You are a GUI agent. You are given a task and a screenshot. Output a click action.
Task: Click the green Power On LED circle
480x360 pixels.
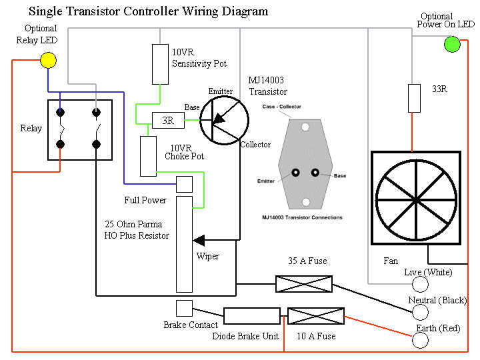point(452,45)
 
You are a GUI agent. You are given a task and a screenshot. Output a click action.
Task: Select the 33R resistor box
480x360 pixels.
point(414,98)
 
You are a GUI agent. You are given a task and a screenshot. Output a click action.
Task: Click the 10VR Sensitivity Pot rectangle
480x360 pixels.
point(160,64)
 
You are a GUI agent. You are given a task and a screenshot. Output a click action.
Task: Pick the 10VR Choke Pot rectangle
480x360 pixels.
point(148,156)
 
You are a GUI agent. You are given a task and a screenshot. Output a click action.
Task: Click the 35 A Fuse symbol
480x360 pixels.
point(303,284)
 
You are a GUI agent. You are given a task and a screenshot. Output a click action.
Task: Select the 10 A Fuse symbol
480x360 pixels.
point(315,316)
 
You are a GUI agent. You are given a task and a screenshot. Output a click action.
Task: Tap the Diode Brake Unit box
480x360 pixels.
point(251,316)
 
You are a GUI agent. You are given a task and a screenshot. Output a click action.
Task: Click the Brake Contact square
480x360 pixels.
point(184,308)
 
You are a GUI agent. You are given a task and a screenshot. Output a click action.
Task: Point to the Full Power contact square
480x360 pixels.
point(184,183)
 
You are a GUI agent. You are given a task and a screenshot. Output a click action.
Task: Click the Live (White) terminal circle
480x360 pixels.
point(421,285)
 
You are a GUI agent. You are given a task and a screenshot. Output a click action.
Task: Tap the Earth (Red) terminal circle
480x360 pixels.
point(421,340)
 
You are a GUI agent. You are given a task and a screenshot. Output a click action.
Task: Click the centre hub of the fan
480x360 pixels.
point(415,199)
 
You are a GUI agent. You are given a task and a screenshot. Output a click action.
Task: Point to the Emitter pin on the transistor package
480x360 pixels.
point(293,173)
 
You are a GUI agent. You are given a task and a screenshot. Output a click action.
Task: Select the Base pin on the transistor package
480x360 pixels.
point(315,173)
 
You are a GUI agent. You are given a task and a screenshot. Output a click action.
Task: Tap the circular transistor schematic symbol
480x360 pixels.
point(224,120)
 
